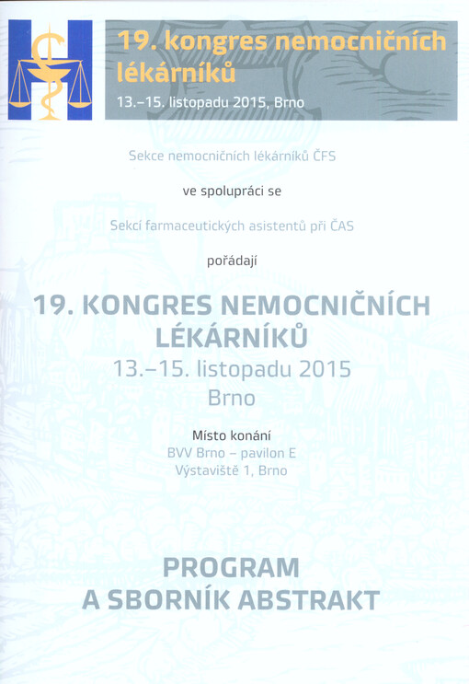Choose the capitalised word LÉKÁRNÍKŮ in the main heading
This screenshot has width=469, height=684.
pos(234,338)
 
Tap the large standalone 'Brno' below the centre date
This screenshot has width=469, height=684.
pos(234,400)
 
